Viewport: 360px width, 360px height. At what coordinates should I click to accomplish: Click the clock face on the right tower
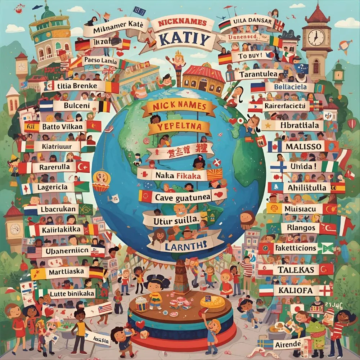(x=316, y=37)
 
